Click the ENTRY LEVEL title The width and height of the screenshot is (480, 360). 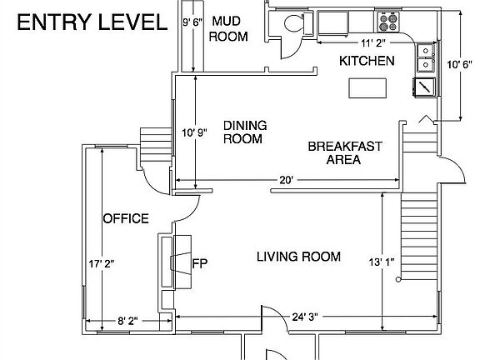pos(92,22)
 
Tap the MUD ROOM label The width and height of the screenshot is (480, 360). pos(228,29)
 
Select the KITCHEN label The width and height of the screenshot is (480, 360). pos(367,61)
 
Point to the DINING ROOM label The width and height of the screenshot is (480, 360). pos(245,132)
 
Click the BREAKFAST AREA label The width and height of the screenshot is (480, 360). pos(345,152)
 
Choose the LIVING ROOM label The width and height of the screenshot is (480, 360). pos(298,257)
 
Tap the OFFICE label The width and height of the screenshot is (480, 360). pos(126,218)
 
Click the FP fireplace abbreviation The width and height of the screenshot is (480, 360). pos(200,263)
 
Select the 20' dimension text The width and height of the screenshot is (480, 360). pos(286,180)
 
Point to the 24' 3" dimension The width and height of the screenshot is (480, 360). pos(305,317)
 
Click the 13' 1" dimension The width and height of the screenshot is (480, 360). pos(382,262)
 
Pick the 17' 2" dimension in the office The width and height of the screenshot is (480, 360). pos(102,263)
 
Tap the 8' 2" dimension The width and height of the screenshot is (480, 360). pos(127,321)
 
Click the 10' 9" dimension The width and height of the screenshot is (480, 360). pos(194,132)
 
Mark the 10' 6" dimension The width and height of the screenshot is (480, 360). pos(459,65)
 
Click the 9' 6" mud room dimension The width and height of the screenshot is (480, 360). pos(192,22)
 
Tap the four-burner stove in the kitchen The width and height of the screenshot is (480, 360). pos(388,22)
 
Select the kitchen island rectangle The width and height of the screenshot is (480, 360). pos(367,88)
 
